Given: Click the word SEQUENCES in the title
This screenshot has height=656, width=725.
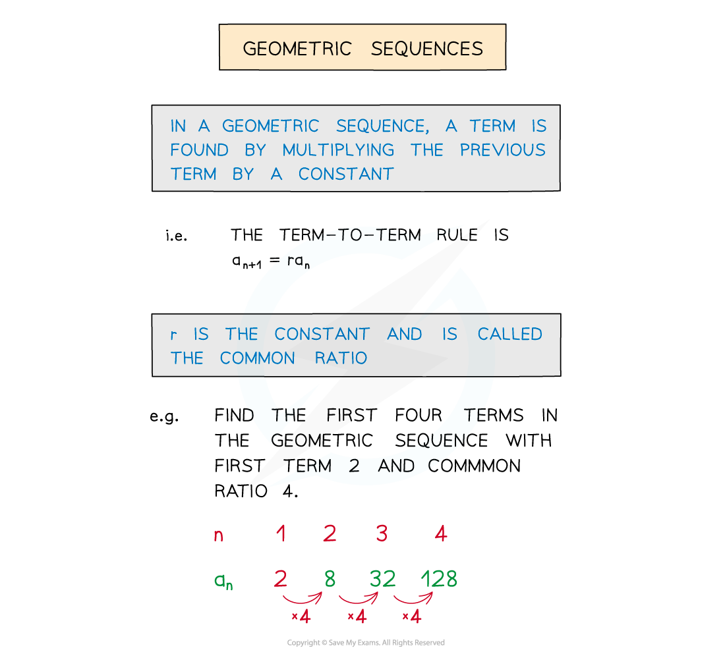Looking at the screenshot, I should [x=426, y=49].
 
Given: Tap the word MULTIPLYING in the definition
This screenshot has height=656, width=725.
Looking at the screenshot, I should [x=338, y=150].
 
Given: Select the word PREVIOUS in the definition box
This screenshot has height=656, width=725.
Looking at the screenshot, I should [x=503, y=150].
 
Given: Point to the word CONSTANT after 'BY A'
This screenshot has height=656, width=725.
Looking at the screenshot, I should [x=346, y=174].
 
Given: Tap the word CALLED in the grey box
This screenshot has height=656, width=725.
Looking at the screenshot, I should [x=510, y=335].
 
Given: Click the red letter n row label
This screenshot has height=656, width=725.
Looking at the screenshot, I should [x=218, y=535].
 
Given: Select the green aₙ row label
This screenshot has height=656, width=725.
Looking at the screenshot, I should [x=223, y=580].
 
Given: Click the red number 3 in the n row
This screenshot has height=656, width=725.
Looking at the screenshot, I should [x=382, y=533].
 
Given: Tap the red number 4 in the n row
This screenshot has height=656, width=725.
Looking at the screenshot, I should [x=441, y=533].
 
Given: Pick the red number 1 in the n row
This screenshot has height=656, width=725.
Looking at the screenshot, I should [x=281, y=533].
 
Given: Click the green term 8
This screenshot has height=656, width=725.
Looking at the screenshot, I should [x=330, y=579].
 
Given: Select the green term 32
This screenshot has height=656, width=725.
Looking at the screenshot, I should [x=382, y=579].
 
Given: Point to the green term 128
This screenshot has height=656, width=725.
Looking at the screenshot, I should [x=439, y=579].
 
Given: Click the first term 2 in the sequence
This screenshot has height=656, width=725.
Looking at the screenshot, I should [x=281, y=579].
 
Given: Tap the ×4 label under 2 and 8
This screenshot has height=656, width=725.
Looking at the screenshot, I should [x=301, y=617].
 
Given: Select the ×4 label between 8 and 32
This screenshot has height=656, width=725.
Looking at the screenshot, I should [x=356, y=617].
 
